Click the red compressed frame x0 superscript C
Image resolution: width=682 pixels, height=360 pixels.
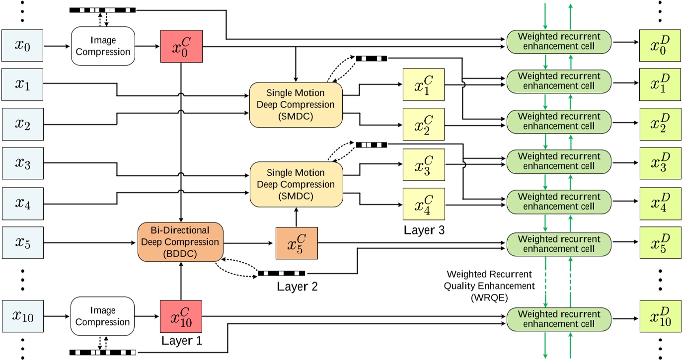tap(181, 46)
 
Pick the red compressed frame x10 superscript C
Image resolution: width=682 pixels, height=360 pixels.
tap(181, 317)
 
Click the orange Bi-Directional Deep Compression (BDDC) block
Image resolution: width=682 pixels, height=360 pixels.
tap(181, 243)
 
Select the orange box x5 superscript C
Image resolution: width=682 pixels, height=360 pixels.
tap(296, 243)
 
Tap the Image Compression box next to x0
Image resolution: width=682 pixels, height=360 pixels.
tap(103, 46)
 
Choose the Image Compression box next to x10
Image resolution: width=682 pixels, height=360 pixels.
tap(103, 316)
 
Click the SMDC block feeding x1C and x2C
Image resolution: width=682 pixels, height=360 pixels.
tap(296, 104)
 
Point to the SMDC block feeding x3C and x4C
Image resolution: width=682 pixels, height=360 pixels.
tap(296, 184)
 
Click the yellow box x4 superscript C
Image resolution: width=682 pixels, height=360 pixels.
tap(423, 204)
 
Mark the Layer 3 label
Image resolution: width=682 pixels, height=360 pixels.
tap(423, 230)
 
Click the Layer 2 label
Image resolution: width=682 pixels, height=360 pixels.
tap(298, 287)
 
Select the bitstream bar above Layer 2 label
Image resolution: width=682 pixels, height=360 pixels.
tap(281, 273)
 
